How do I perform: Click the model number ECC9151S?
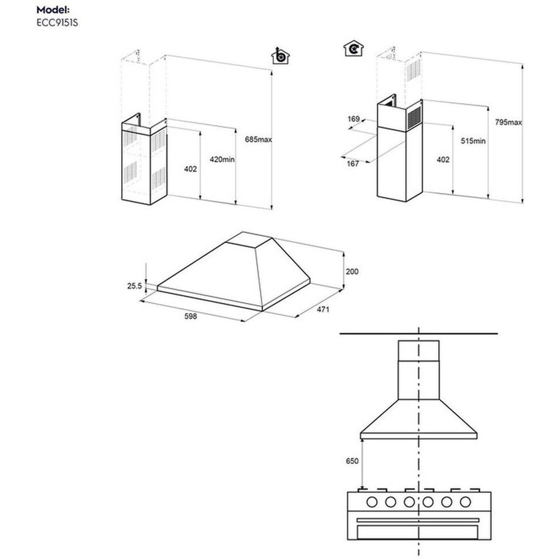click(57, 23)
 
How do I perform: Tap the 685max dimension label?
click(258, 140)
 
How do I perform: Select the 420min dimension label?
click(222, 160)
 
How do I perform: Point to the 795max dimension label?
click(508, 122)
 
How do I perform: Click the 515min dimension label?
click(473, 141)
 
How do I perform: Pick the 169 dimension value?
click(353, 119)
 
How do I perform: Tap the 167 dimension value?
click(353, 163)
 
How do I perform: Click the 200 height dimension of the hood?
click(352, 272)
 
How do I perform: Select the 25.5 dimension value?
click(135, 286)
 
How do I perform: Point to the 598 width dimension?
click(190, 316)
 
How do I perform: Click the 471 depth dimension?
click(323, 309)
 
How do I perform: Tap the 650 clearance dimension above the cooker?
click(352, 461)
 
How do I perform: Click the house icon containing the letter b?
click(280, 56)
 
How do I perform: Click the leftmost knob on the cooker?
click(372, 502)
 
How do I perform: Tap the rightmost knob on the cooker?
click(465, 502)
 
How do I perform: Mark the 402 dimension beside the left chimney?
click(190, 169)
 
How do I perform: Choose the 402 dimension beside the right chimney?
click(443, 160)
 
